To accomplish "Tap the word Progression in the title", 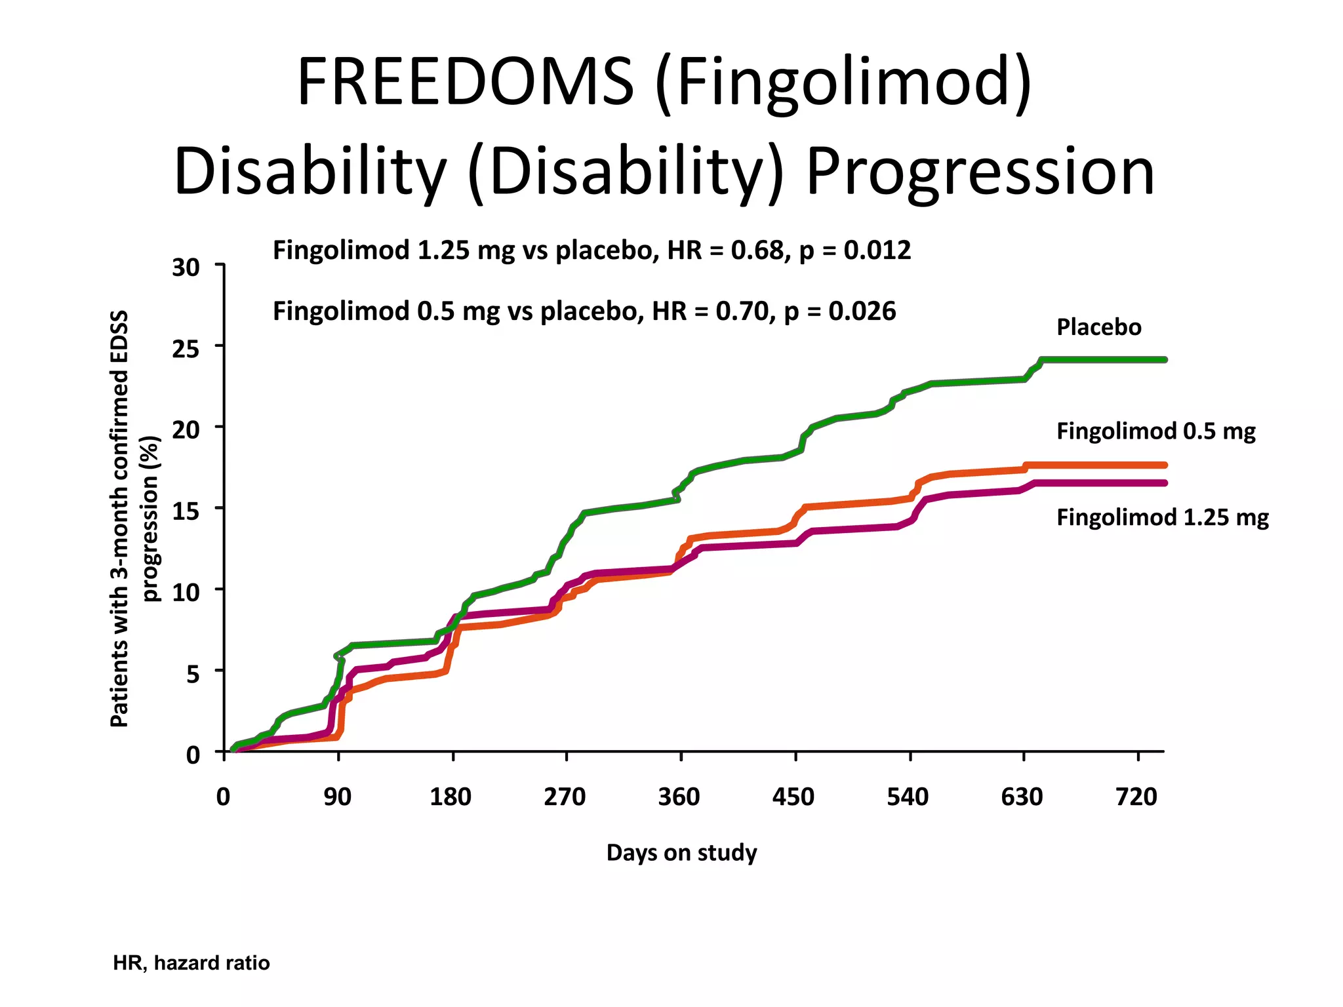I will pos(980,172).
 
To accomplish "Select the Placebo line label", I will pos(1098,327).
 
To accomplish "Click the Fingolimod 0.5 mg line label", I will pos(1155,431).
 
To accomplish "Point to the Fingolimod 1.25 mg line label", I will pos(1162,518).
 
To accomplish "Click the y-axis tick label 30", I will pos(186,268).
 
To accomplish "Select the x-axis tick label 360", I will pos(679,797).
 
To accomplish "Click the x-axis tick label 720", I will pos(1136,797).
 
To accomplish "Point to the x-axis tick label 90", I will pos(338,797).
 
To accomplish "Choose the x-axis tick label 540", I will pos(908,797).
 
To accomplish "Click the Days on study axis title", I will pos(681,853).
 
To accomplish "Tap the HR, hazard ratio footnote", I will pos(191,963).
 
